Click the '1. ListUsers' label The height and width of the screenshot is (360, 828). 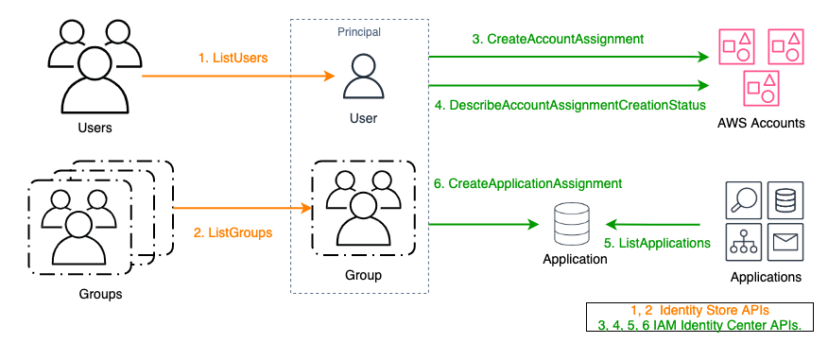pyautogui.click(x=233, y=58)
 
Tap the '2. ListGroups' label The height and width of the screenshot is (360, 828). pyautogui.click(x=233, y=232)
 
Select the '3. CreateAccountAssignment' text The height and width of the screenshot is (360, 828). pyautogui.click(x=558, y=39)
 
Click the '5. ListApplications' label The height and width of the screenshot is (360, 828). pyautogui.click(x=658, y=243)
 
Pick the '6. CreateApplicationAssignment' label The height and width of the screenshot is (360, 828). pyautogui.click(x=526, y=182)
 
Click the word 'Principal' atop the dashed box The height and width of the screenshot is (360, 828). pyautogui.click(x=359, y=32)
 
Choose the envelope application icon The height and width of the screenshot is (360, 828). pyautogui.click(x=785, y=243)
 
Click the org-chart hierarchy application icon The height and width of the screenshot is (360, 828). pyautogui.click(x=742, y=243)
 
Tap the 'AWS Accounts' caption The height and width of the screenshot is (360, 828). pyautogui.click(x=761, y=123)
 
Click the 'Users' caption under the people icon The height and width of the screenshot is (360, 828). pyautogui.click(x=96, y=128)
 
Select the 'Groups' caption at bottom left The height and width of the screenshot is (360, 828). pyautogui.click(x=100, y=294)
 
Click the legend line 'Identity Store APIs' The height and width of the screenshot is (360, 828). pyautogui.click(x=696, y=311)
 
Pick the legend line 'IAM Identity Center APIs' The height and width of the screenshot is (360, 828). pyautogui.click(x=696, y=326)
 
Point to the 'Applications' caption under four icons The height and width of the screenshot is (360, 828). pyautogui.click(x=766, y=278)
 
